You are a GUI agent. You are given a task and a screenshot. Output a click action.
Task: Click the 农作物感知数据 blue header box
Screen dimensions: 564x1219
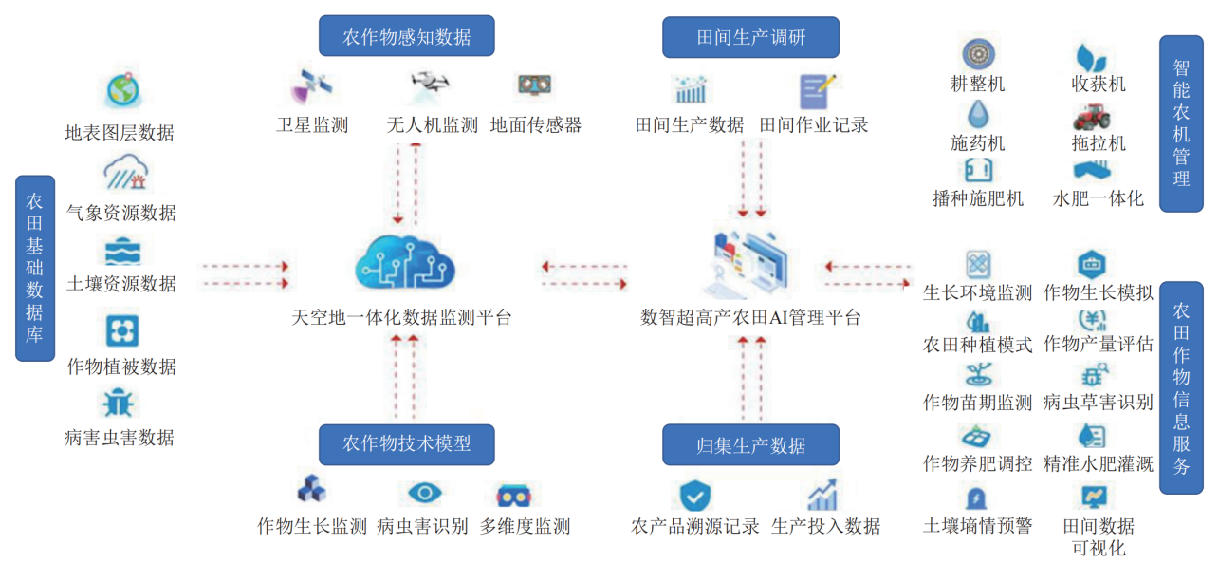(x=407, y=37)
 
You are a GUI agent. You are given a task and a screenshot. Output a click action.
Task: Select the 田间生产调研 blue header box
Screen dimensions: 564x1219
(x=750, y=37)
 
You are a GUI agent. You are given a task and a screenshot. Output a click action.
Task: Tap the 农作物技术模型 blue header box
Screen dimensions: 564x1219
(x=407, y=443)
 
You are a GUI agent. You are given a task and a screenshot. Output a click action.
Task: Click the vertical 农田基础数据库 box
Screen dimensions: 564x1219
(x=35, y=268)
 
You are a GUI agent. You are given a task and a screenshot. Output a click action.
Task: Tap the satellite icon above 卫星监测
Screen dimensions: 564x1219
(x=310, y=87)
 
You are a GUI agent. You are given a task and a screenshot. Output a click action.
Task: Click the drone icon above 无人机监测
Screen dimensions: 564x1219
(x=432, y=86)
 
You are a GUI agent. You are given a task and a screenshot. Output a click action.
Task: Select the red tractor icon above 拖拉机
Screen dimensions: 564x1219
(x=1091, y=116)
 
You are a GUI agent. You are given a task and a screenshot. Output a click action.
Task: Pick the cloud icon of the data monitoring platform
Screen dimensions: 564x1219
(x=400, y=260)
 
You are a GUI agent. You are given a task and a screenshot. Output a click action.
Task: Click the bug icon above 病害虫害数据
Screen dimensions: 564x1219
(x=120, y=404)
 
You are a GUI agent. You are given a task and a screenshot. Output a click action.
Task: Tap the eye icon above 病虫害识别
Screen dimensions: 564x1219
(x=424, y=493)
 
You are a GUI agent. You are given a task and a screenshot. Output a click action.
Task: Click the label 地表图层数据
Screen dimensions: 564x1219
(x=120, y=133)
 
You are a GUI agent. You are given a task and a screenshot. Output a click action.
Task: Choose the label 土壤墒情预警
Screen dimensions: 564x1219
(x=977, y=525)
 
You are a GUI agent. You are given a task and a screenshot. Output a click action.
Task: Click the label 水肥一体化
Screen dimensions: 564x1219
(x=1099, y=199)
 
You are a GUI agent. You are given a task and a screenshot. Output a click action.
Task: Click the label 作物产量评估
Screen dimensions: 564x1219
(x=1099, y=344)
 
